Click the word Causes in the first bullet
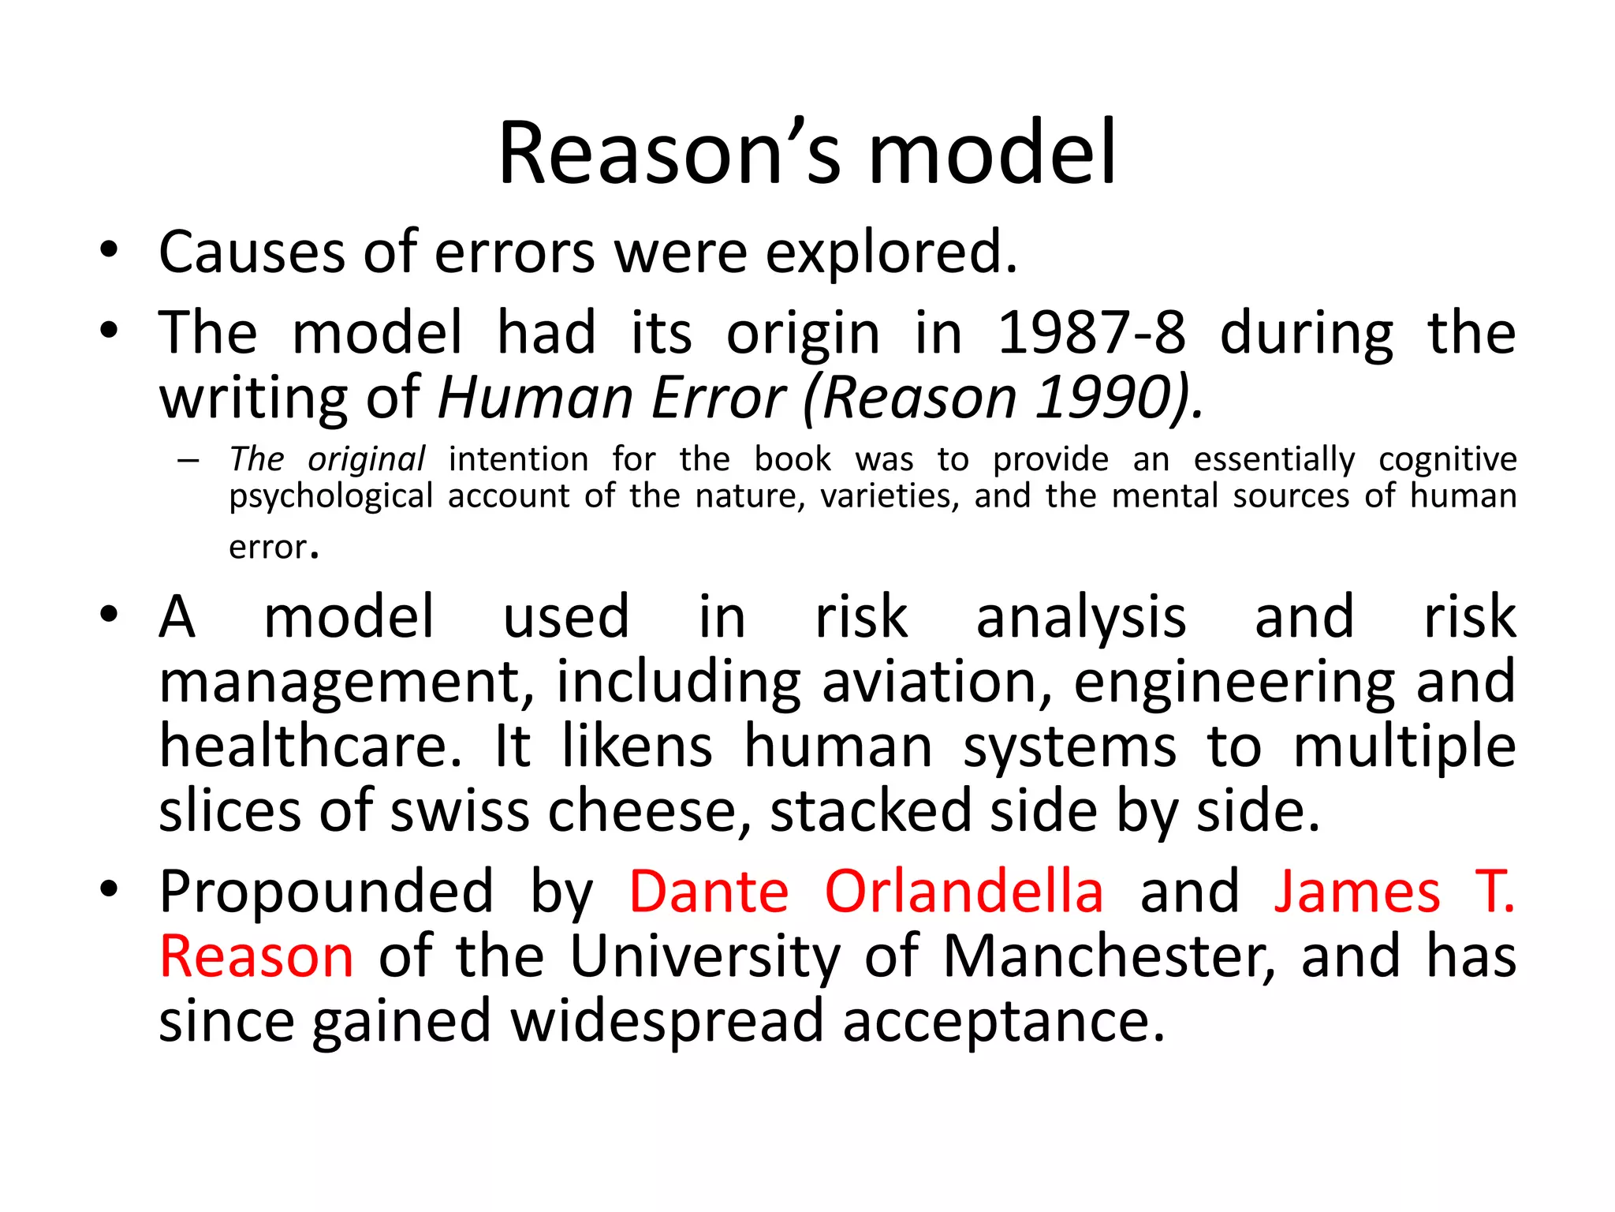tap(252, 252)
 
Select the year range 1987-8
tap(1091, 333)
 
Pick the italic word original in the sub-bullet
tap(366, 460)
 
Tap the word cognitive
tap(1447, 460)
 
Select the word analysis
tap(1081, 617)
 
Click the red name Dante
tap(708, 892)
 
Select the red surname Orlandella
tap(964, 892)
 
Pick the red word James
tap(1357, 892)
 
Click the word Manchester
tap(1108, 957)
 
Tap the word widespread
tap(667, 1022)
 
